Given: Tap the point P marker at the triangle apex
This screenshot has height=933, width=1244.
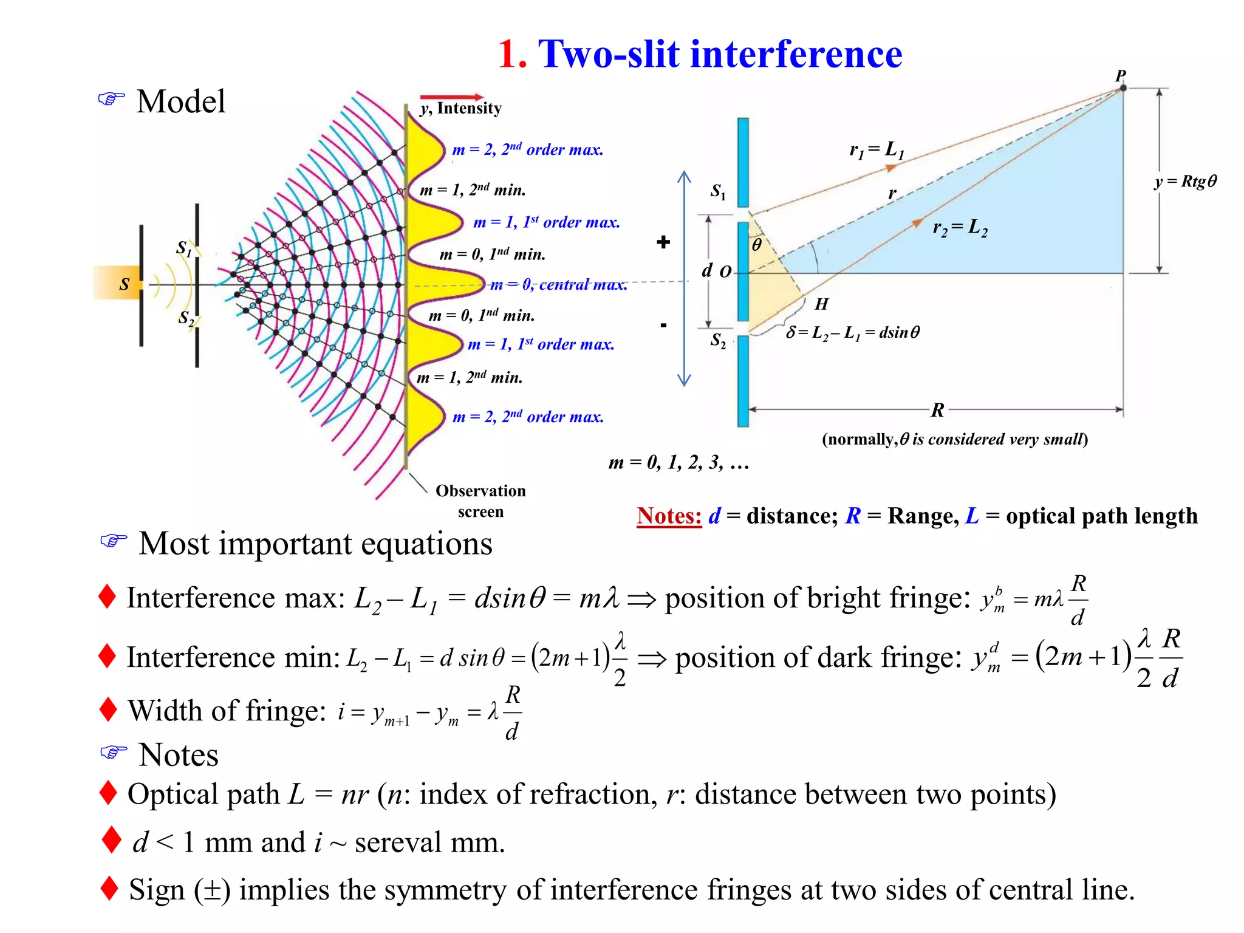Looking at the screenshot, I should pos(1123,88).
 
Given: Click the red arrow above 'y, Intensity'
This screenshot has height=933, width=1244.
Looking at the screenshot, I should pos(451,97).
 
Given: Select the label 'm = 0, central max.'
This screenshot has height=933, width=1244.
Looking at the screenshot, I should pos(558,284).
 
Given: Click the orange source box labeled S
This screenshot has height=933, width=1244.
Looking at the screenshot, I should pos(118,284).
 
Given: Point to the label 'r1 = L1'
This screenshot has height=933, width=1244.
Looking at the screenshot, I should pos(877,149).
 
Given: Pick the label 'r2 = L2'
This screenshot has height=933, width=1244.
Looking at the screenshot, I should pos(960,228).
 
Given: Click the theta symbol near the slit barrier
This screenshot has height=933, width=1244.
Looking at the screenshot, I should pos(757,245).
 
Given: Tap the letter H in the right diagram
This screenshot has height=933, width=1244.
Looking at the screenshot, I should pos(821,304).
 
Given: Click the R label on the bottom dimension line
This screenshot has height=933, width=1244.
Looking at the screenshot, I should pos(938,410).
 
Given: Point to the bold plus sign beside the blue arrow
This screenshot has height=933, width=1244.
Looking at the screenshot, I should pos(663,242).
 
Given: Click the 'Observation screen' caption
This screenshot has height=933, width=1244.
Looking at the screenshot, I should pos(480,501).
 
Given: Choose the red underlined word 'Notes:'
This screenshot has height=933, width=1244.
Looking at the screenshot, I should pos(669,516).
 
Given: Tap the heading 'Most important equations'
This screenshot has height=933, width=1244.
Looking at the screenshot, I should pos(315,543).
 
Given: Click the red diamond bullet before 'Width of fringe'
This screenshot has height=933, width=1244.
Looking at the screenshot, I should pos(108,709).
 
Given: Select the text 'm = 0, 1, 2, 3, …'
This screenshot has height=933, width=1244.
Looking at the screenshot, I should pos(678,463).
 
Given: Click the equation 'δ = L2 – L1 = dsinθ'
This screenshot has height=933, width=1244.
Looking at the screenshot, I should pos(853,332).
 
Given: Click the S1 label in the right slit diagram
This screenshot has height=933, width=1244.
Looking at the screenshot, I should pos(718,192).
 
